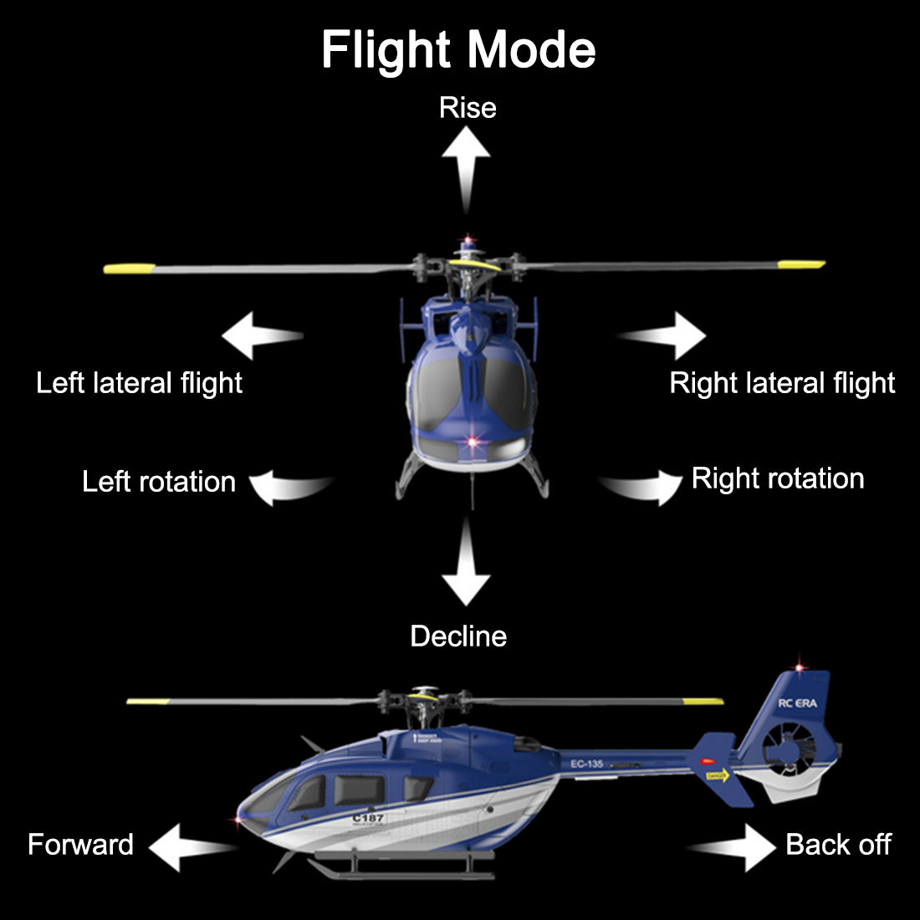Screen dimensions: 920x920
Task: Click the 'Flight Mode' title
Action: (458, 50)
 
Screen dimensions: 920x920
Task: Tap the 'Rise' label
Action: (468, 108)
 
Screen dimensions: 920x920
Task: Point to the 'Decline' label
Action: (458, 636)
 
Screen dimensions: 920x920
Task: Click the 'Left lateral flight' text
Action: (139, 383)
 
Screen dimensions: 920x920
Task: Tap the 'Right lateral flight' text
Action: (782, 383)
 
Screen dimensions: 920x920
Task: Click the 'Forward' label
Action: (80, 845)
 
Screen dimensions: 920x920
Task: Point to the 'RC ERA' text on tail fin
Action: (797, 703)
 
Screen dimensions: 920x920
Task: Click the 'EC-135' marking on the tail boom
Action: (586, 764)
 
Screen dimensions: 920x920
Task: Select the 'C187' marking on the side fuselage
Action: (368, 818)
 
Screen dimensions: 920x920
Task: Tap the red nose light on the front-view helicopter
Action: (473, 440)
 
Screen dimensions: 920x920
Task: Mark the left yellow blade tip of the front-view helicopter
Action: (130, 268)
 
